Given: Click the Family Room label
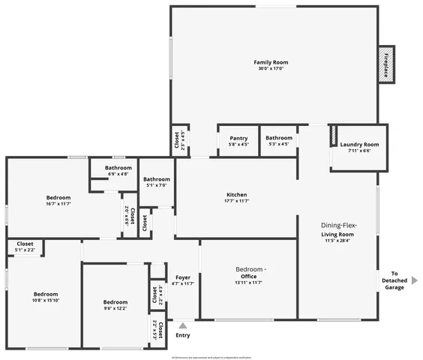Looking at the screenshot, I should [x=270, y=62].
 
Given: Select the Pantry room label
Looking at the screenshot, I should [x=238, y=138].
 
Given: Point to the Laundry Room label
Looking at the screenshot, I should [x=359, y=144].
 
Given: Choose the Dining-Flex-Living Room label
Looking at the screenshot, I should [x=339, y=229].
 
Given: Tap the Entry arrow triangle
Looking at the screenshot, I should [x=182, y=325].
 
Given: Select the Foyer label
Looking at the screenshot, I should [x=183, y=277].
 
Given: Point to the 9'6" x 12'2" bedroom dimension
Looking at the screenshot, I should [x=115, y=308].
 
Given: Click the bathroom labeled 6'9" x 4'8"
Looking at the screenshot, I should [x=118, y=174].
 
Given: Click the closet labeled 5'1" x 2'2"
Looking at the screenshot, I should [x=25, y=247].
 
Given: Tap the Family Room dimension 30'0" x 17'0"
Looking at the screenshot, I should [x=270, y=68].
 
